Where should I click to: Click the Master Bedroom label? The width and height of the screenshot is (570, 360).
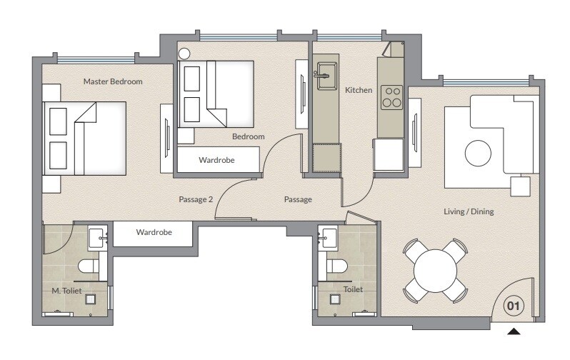tap(113, 82)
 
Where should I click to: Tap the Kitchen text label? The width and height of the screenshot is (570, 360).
tap(359, 91)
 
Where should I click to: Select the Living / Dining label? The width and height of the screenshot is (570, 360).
tap(468, 211)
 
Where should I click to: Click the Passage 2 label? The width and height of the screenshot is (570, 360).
tap(196, 199)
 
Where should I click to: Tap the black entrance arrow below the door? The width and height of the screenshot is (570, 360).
tap(514, 331)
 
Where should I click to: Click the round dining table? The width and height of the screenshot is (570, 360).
tap(435, 271)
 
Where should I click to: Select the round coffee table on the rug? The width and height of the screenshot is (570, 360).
tap(479, 152)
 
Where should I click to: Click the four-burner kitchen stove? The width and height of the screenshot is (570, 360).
tap(391, 96)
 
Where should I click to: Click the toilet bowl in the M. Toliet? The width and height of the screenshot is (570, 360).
tap(89, 268)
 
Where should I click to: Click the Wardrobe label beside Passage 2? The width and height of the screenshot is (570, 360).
tap(152, 233)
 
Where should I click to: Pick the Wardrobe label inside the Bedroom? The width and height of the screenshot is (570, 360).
tap(216, 160)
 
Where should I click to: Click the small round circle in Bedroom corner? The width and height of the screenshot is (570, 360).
tap(184, 53)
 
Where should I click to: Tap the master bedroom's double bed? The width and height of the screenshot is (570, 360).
tap(84, 138)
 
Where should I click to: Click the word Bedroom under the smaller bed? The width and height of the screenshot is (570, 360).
tap(248, 136)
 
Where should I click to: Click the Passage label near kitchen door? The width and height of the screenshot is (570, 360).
tap(298, 199)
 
